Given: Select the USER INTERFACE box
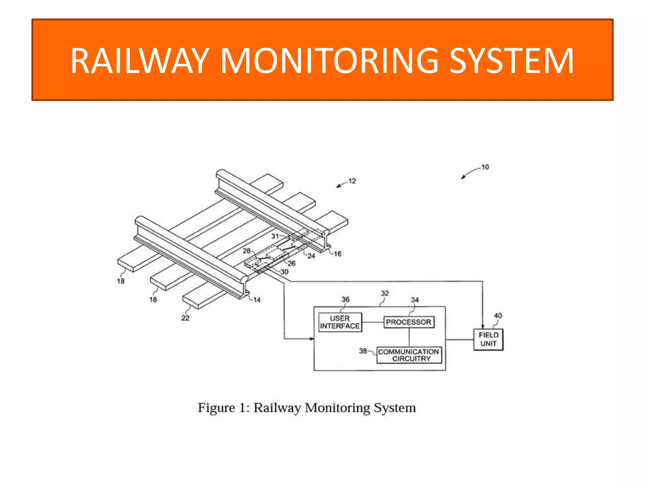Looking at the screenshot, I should point(340,322).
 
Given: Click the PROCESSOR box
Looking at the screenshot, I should point(408,322).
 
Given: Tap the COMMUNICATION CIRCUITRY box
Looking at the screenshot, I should point(409,355).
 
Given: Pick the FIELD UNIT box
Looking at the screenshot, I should point(488,339).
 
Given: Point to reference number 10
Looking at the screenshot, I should point(485,167).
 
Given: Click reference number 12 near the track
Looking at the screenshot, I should point(352,181).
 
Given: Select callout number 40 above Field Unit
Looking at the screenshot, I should point(498,315).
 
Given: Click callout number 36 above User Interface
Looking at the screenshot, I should point(345,299).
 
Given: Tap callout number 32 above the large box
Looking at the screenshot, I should point(385,293).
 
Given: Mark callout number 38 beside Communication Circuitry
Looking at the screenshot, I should point(363,351).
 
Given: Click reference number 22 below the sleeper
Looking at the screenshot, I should point(185,318).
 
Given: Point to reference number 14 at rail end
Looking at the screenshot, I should point(257,300).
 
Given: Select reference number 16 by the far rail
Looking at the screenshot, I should point(338,254).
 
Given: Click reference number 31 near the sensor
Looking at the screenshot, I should point(275,236).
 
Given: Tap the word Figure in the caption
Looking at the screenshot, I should point(216,408).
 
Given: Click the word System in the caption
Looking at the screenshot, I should point(395,408).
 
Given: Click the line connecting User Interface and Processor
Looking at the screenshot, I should point(373,322).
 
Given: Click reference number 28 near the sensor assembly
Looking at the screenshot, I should point(246,251).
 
